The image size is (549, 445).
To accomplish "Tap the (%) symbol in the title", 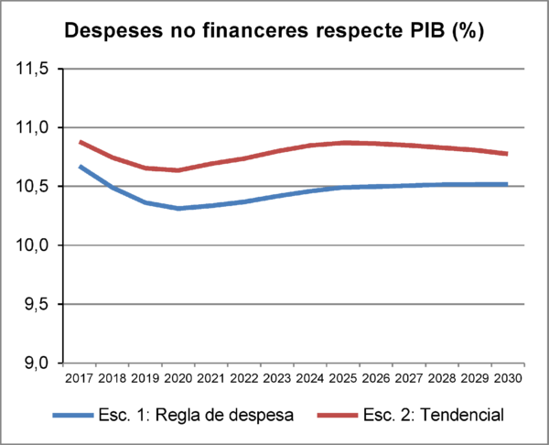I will coord(466,30).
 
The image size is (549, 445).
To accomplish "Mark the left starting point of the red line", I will coord(80,142).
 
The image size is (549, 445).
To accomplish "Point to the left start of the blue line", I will coord(80,166).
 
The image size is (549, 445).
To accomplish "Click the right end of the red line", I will coord(508,154).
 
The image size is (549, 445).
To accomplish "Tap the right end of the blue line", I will coord(508,184).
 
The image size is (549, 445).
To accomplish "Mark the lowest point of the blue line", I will coord(179,209).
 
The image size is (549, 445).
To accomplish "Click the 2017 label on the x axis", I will coord(77,376).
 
